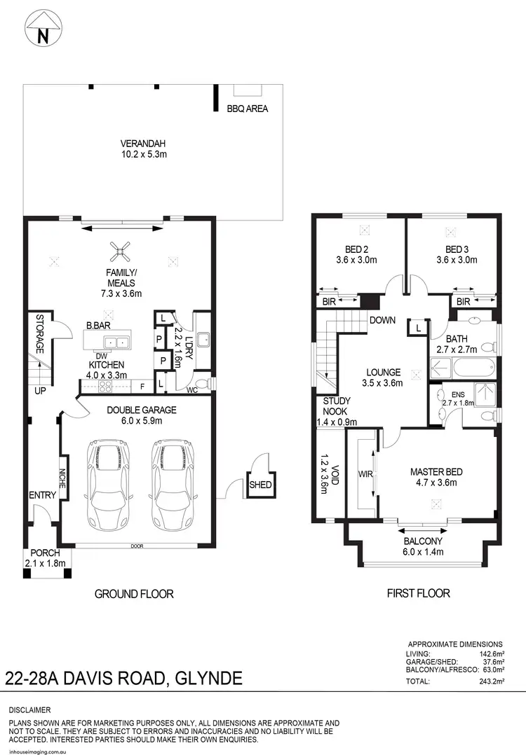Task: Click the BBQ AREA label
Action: [247, 109]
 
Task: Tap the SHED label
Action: [261, 485]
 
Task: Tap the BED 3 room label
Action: [457, 249]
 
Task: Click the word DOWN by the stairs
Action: [383, 320]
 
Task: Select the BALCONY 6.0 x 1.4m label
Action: [423, 546]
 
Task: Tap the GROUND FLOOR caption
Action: [134, 594]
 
